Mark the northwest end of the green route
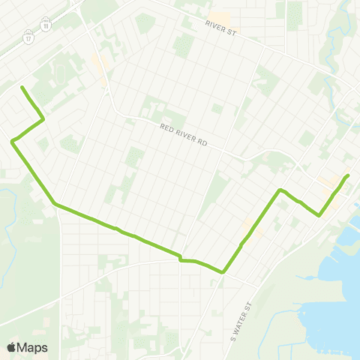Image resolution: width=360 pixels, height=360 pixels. pyautogui.click(x=22, y=88)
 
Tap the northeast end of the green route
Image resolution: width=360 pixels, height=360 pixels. pyautogui.click(x=349, y=175)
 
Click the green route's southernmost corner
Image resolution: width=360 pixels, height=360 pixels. pyautogui.click(x=223, y=273)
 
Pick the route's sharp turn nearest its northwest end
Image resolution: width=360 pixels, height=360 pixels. pyautogui.click(x=43, y=118)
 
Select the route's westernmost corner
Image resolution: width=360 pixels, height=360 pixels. pyautogui.click(x=12, y=141)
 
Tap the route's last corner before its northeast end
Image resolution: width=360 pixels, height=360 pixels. pyautogui.click(x=320, y=215)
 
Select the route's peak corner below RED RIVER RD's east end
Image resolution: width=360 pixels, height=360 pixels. pyautogui.click(x=280, y=190)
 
